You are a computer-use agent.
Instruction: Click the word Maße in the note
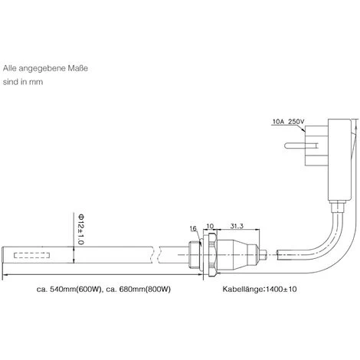(78, 68)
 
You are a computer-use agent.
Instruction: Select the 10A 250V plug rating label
(288, 122)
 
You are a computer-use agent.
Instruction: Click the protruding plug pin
(294, 146)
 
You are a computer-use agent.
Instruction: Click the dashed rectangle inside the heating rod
(32, 255)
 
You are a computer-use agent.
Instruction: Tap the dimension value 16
(193, 228)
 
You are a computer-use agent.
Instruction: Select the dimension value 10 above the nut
(210, 226)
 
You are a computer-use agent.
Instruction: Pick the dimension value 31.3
(237, 226)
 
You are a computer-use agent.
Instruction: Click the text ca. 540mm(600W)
(69, 290)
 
